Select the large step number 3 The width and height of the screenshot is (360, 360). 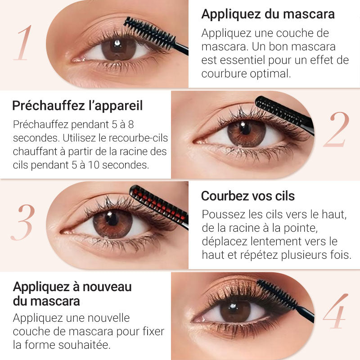click(x=22, y=222)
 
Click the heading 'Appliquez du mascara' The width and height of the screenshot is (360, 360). click(x=268, y=14)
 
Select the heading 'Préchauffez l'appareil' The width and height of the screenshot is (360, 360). click(x=77, y=106)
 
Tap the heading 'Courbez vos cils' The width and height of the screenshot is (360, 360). click(x=247, y=196)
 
